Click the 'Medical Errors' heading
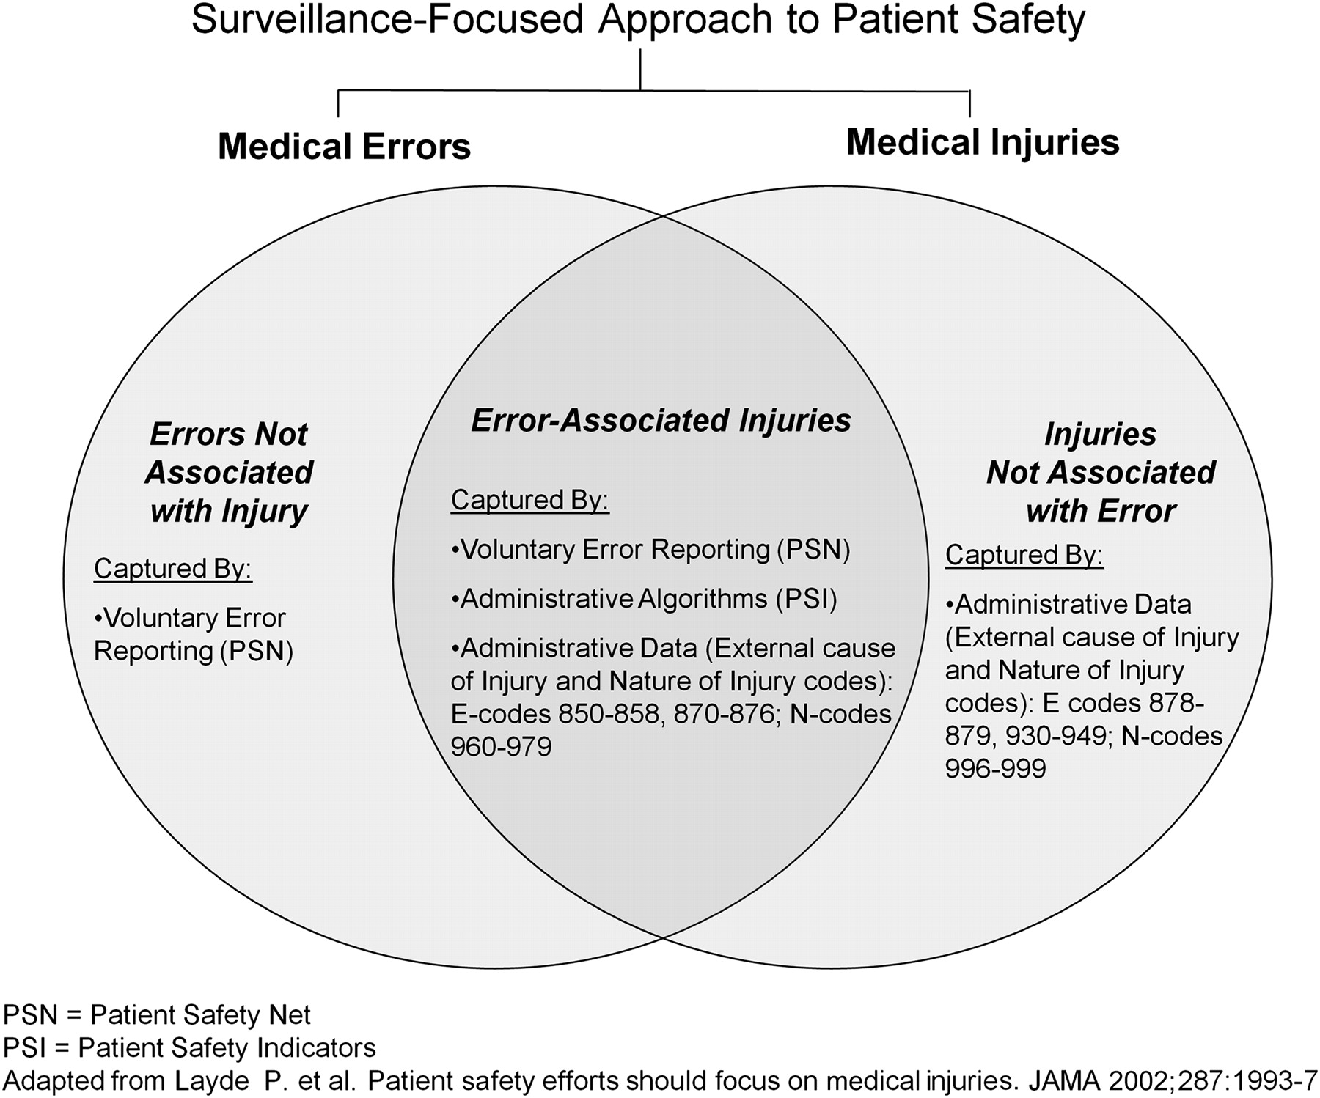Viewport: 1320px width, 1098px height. [x=344, y=147]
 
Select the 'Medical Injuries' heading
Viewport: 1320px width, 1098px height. [x=983, y=142]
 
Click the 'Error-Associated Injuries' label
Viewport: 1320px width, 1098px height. [x=661, y=421]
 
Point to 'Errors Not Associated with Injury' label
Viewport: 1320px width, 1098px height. [x=229, y=473]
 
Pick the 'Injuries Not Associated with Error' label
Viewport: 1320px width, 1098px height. [x=1101, y=473]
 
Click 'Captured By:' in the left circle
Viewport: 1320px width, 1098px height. [x=173, y=569]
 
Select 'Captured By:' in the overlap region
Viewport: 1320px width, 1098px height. [x=530, y=500]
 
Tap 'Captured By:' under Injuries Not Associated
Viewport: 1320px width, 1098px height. [x=1024, y=555]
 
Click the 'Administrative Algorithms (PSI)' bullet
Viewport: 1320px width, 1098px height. [x=644, y=600]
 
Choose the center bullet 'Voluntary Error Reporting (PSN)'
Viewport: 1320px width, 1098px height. [x=650, y=550]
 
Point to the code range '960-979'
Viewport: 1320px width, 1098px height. [x=501, y=747]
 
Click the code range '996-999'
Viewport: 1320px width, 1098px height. [x=995, y=769]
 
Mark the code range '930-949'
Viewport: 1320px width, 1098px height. [x=1056, y=736]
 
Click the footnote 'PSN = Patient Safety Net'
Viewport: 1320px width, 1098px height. [x=157, y=1015]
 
